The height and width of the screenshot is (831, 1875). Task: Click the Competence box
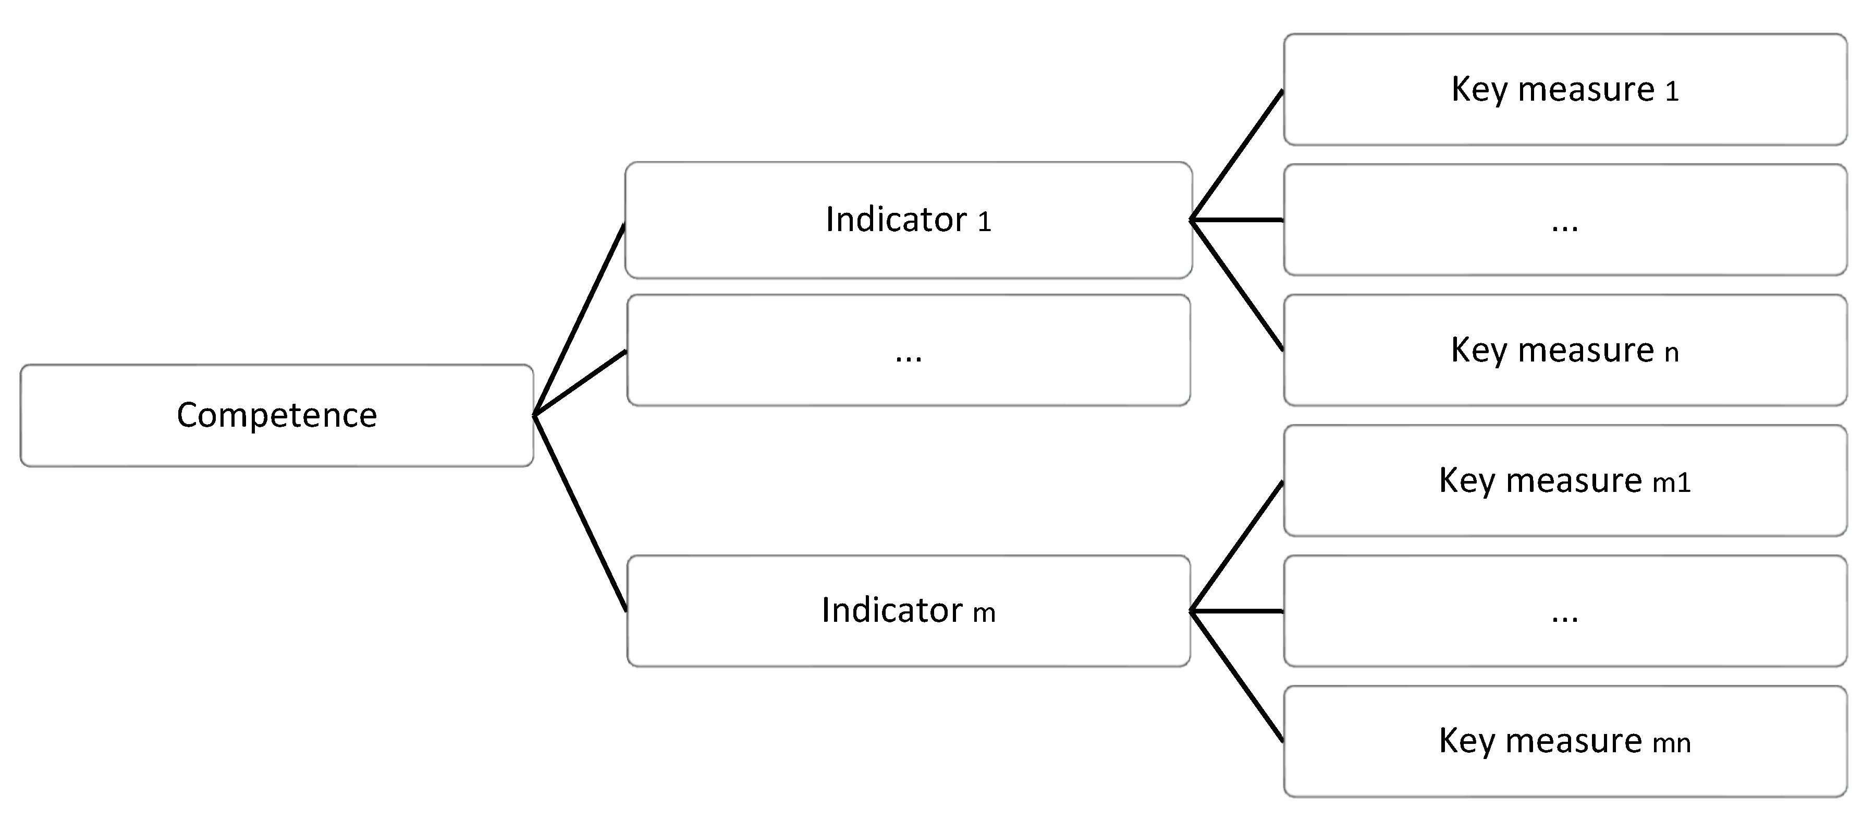277,415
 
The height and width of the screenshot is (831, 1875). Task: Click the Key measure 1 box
1565,90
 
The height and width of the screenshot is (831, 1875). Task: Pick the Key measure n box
1565,351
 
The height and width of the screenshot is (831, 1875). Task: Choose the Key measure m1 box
1565,480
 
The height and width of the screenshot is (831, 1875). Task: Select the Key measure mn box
1565,741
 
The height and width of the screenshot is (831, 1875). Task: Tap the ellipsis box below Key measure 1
1565,220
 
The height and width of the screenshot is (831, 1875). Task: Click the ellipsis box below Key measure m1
1565,610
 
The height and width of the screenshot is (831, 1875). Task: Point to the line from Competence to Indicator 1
579,320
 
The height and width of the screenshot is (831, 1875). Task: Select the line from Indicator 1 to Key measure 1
1236,155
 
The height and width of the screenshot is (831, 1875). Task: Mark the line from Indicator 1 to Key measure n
1236,285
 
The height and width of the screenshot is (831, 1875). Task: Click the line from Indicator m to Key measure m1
1236,546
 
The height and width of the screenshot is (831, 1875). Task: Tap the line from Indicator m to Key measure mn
1236,676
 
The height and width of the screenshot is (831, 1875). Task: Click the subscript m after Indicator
984,614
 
